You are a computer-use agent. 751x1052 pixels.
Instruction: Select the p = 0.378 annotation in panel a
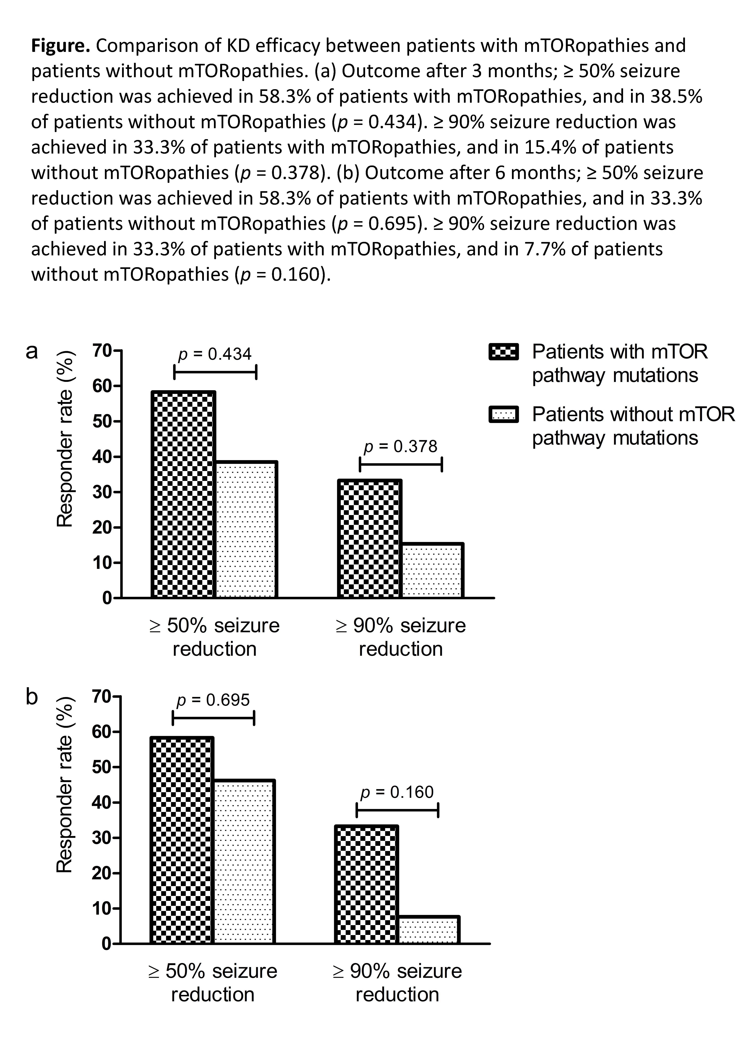[400, 446]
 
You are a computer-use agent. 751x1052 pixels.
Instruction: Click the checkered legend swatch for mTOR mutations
[504, 352]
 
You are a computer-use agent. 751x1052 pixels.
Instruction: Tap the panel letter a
[31, 351]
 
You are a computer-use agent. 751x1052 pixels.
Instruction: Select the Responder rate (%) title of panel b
[65, 785]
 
